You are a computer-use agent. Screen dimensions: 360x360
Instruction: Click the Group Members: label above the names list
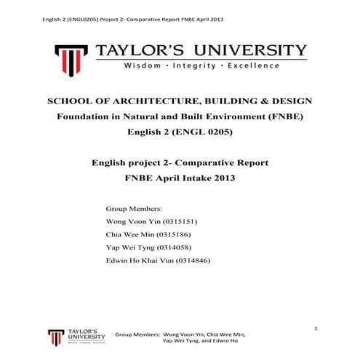click(x=135, y=207)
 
